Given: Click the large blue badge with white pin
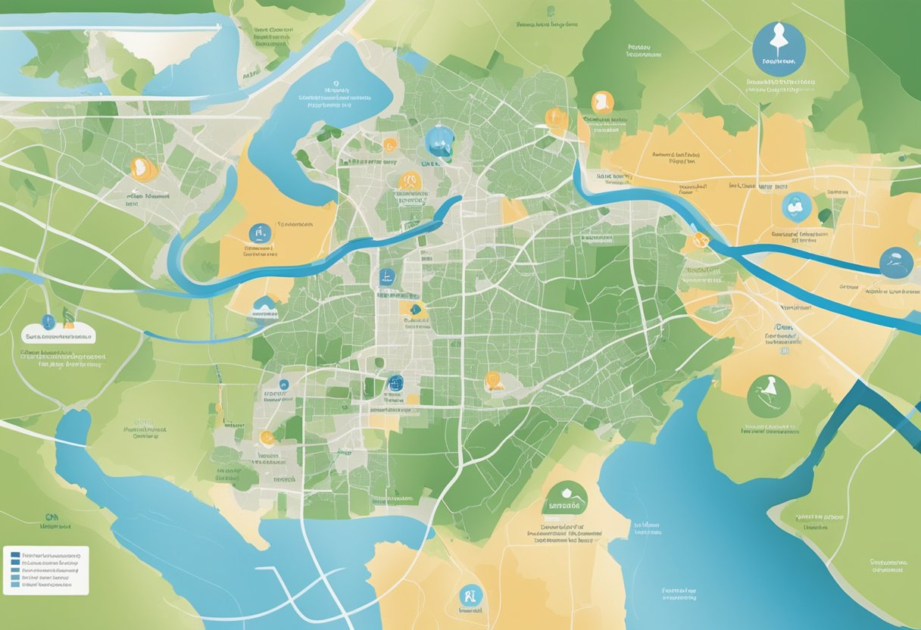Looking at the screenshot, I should coord(779,49).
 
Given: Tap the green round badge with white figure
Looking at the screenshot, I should coord(769,396).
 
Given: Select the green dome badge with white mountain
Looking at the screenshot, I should coord(565,499).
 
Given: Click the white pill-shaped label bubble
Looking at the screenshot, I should coord(58,335).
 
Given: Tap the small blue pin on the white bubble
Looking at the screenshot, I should coord(48,320).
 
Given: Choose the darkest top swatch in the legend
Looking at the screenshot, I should coord(15,554).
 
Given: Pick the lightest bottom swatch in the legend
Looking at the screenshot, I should coord(15,585).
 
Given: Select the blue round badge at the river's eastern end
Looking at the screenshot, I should coord(896,263).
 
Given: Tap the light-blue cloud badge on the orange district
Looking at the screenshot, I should coord(796,206).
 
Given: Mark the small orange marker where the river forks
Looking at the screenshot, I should coord(698,241).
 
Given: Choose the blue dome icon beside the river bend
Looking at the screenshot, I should coord(264,306).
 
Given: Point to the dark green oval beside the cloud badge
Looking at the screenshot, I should coord(825,217).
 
